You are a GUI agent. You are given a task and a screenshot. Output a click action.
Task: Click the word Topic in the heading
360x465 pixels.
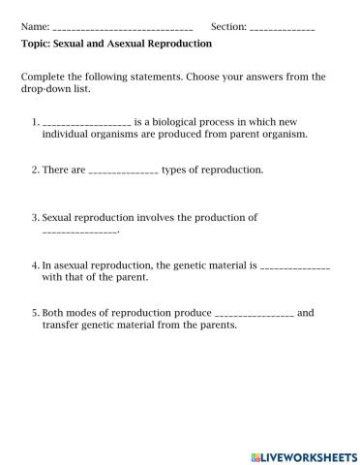36,43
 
